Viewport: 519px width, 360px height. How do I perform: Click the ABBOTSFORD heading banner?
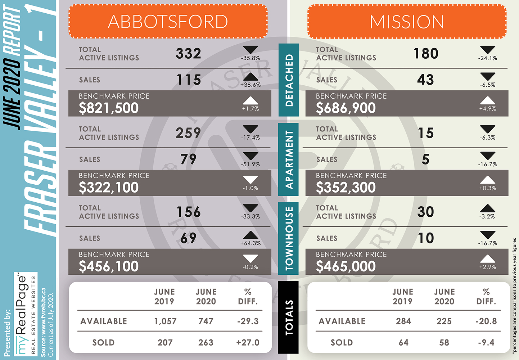168,21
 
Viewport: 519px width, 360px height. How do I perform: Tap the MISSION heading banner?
407,21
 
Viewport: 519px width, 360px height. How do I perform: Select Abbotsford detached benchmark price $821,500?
108,108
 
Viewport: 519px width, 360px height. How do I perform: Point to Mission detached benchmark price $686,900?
346,108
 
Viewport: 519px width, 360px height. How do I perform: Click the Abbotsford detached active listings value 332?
188,54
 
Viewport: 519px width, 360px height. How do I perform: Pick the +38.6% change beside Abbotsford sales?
251,85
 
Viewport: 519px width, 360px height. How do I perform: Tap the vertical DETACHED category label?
289,80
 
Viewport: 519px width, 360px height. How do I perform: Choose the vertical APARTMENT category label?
288,159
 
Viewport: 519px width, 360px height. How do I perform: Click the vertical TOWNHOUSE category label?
288,238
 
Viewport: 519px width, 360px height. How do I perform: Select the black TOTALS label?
288,318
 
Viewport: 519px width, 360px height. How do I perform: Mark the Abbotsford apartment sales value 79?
188,159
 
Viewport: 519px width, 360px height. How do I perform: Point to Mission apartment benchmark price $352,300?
346,187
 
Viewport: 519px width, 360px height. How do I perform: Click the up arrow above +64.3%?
251,235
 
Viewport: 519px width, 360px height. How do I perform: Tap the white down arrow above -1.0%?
251,180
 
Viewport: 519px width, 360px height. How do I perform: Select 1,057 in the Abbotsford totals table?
165,321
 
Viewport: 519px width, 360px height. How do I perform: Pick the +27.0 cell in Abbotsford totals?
248,343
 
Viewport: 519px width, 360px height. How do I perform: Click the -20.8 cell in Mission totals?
486,321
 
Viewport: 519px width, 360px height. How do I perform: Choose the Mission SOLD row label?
342,343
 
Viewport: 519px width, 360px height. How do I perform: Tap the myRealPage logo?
26,314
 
